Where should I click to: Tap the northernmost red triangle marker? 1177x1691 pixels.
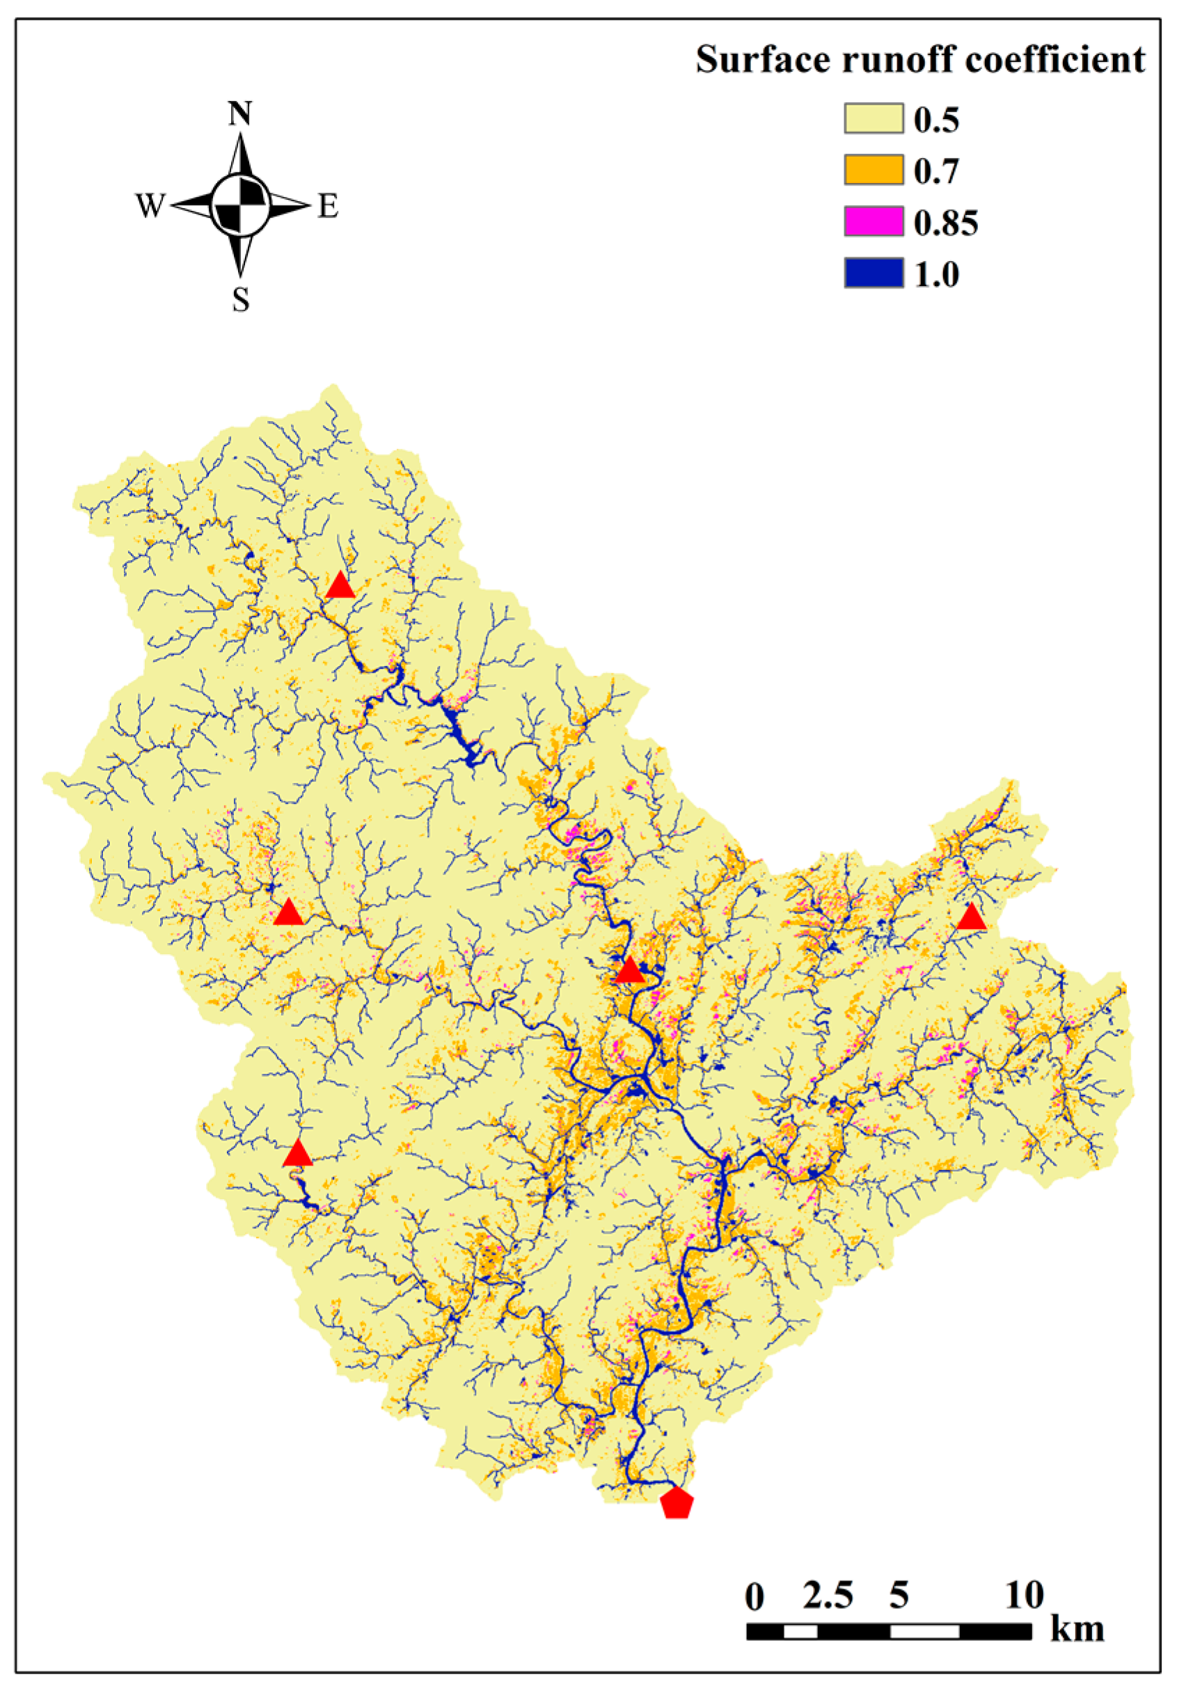(x=340, y=585)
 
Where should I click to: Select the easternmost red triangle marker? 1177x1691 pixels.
(x=972, y=917)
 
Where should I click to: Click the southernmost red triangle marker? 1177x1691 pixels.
(x=298, y=1154)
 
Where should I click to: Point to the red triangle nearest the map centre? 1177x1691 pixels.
(x=630, y=971)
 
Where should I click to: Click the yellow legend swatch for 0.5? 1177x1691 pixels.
(x=873, y=118)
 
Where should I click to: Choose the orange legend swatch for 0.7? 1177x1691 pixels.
(x=873, y=170)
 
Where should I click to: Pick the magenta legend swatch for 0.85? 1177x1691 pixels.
(x=873, y=222)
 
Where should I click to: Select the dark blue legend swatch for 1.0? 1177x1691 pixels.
(x=873, y=273)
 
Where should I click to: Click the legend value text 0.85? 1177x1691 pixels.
(x=946, y=223)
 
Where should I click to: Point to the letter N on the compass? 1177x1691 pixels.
(x=240, y=114)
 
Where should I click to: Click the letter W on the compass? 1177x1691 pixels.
(x=150, y=206)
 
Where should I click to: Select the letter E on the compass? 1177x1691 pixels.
(x=329, y=206)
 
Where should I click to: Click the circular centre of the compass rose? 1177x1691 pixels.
(x=240, y=205)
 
